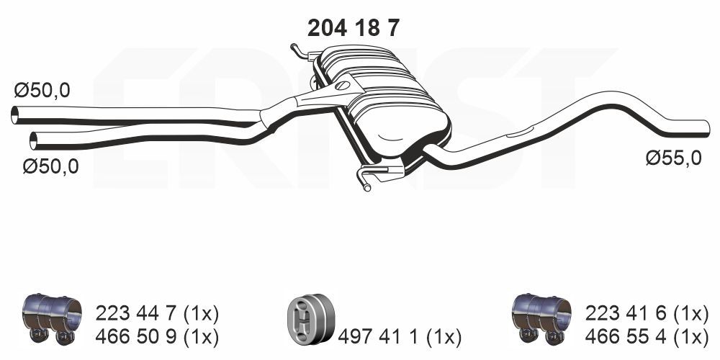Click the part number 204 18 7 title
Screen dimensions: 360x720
pyautogui.click(x=353, y=27)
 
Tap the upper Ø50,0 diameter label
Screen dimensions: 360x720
pyautogui.click(x=42, y=91)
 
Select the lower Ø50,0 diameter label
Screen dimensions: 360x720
pyautogui.click(x=50, y=166)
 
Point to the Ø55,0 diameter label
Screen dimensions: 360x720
pyautogui.click(x=672, y=158)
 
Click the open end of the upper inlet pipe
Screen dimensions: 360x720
pyautogui.click(x=15, y=114)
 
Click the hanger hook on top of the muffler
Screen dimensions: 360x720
pyautogui.click(x=297, y=49)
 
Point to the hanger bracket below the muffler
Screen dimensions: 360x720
pyautogui.click(x=374, y=175)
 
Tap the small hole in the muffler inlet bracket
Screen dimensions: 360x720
pyautogui.click(x=341, y=86)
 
